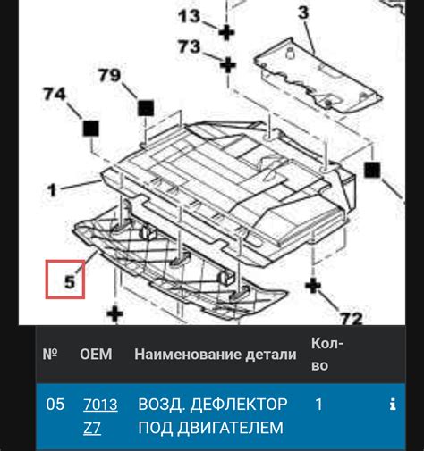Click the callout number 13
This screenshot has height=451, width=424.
tap(191, 15)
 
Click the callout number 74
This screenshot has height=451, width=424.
tap(55, 92)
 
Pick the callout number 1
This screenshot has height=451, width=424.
tap(54, 189)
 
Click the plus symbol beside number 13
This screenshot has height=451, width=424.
tap(226, 32)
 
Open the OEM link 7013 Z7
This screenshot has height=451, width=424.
tap(99, 415)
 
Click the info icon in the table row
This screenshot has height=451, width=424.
tap(392, 405)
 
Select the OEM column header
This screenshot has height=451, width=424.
tap(97, 355)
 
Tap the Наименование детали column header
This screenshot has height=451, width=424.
tap(215, 355)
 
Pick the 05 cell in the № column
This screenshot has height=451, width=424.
tap(55, 405)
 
